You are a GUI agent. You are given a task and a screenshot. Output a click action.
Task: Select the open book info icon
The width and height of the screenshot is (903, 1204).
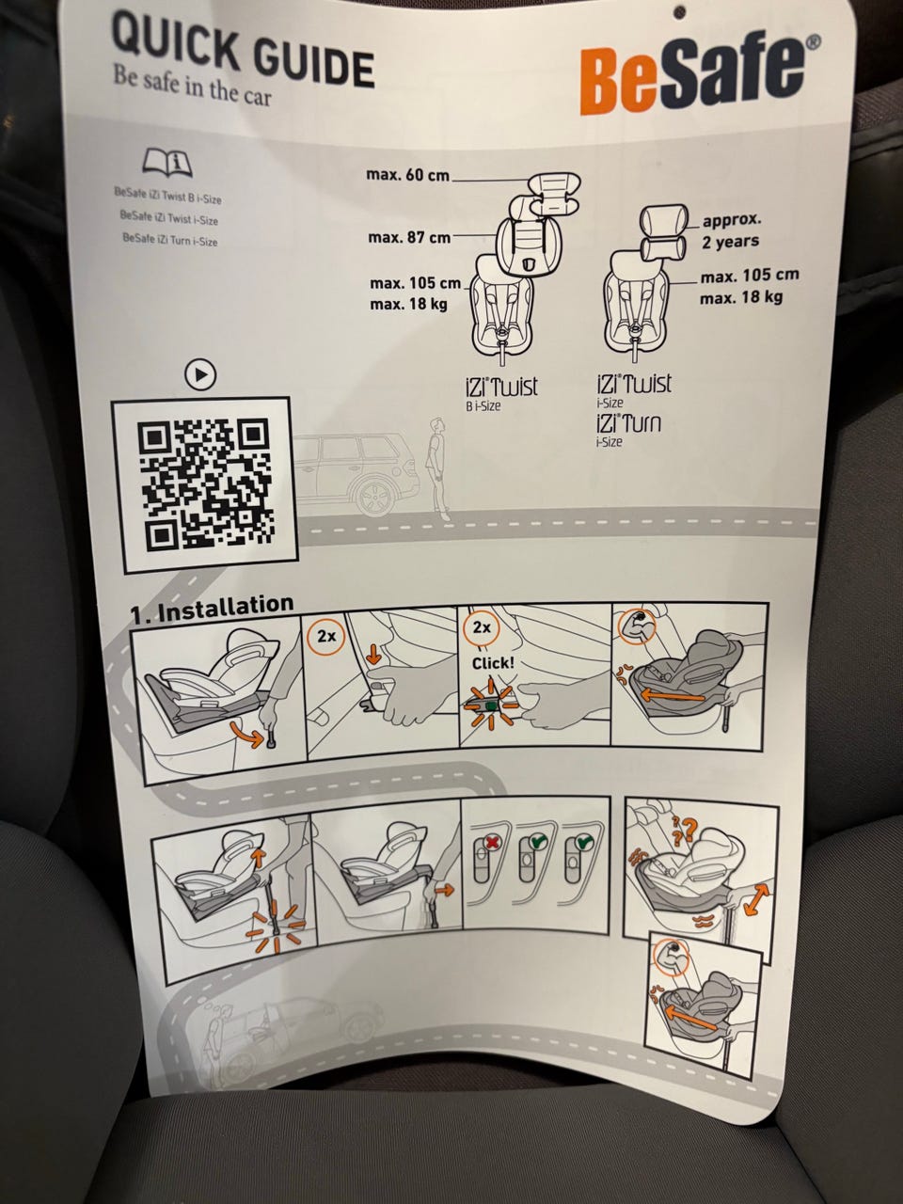(x=167, y=162)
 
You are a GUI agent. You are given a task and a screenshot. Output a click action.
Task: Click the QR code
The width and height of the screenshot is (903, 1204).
(x=205, y=484)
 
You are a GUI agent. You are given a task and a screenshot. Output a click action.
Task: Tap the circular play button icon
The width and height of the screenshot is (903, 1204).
(x=200, y=375)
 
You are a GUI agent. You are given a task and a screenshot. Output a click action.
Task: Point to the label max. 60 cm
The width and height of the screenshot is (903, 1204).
(x=407, y=175)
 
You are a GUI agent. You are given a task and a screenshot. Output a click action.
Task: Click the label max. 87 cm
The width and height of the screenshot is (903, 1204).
(x=409, y=238)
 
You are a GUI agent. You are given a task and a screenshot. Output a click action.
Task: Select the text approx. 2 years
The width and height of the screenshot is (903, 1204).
(x=732, y=230)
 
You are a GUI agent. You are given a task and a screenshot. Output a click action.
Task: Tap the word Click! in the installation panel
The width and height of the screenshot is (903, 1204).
(x=494, y=663)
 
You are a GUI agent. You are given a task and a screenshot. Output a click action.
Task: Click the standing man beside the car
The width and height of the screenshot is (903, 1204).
(x=437, y=469)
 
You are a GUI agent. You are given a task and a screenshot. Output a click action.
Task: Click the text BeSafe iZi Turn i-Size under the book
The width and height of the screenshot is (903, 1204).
(x=170, y=240)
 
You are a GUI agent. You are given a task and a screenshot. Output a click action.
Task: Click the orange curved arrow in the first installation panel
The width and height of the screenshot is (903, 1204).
(x=247, y=734)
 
